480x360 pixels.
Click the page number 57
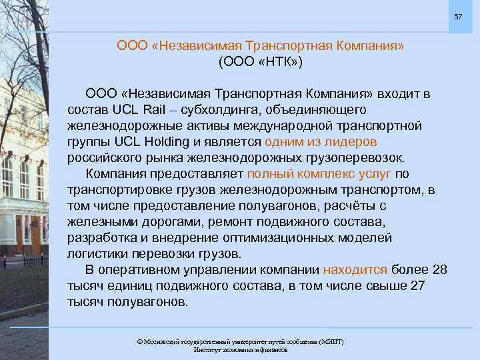458,15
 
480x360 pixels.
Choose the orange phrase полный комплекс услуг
319,173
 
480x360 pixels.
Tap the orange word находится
355,270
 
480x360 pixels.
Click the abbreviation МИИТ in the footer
330,342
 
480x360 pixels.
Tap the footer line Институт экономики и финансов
240,350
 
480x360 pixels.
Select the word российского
101,157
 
